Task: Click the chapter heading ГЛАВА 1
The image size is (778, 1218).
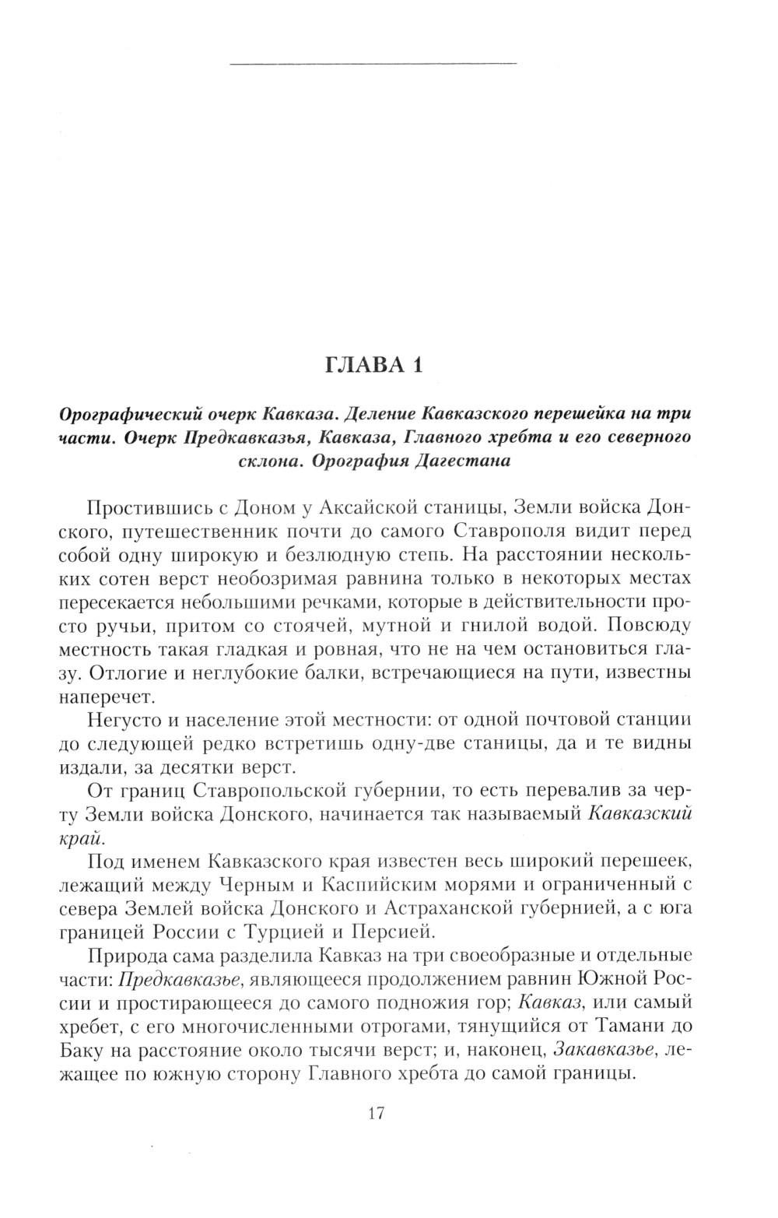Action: coord(373,365)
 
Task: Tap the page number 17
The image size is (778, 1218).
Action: coord(375,1114)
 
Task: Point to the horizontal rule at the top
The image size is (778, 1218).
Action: coord(374,62)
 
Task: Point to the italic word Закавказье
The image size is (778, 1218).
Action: coord(604,1049)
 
